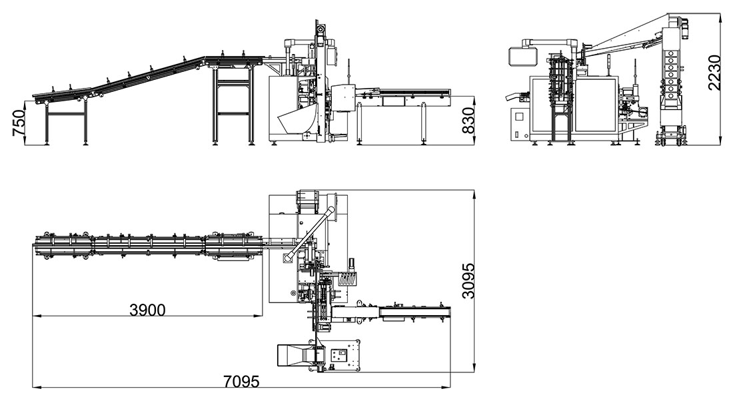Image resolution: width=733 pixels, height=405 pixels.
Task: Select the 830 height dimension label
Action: pyautogui.click(x=469, y=121)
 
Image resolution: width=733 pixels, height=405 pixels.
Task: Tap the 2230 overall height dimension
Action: pyautogui.click(x=714, y=72)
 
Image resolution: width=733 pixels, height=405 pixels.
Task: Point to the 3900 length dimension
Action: pyautogui.click(x=148, y=310)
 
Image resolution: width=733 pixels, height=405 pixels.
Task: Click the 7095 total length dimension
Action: pyautogui.click(x=241, y=381)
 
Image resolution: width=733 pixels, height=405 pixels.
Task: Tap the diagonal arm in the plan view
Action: pyautogui.click(x=310, y=234)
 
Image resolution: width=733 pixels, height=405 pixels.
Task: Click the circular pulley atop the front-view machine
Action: pyautogui.click(x=321, y=29)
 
